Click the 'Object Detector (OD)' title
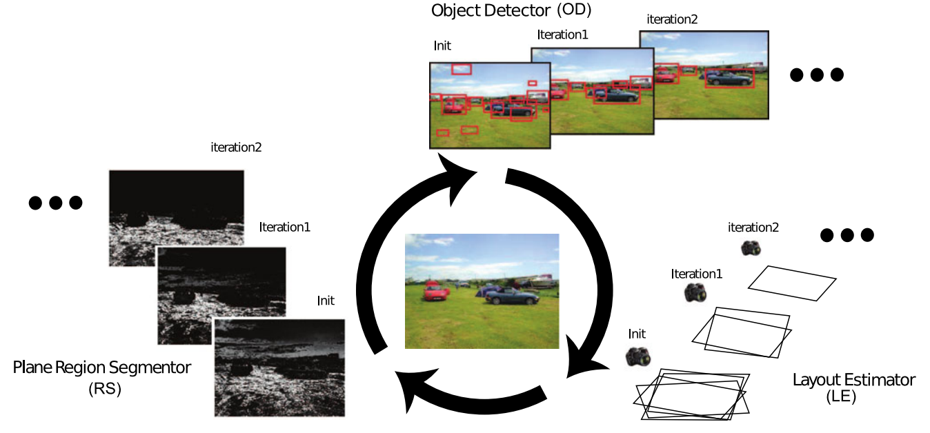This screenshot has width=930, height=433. coord(510,11)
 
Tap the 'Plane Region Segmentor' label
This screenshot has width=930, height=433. coord(102,367)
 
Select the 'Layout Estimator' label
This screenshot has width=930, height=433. coord(853,380)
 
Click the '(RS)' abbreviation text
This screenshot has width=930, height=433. coord(105,389)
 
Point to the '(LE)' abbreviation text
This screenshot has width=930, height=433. coord(840,397)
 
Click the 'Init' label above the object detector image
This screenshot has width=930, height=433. coord(442,46)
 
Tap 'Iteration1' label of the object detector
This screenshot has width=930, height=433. coord(562,34)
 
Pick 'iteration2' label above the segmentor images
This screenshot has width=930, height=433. coord(236,147)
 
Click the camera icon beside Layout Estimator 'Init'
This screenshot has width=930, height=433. coord(638,356)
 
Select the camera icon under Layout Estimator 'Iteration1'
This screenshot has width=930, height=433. coord(695,292)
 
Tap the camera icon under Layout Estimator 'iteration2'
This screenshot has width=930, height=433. coord(751,248)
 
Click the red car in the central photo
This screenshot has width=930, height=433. coord(435,292)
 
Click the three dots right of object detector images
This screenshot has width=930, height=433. coord(817,74)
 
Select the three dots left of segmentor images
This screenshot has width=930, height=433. coord(56,203)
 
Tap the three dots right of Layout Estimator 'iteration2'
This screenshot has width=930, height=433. coord(847,235)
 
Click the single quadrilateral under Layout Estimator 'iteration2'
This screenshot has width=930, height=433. coord(792,283)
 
